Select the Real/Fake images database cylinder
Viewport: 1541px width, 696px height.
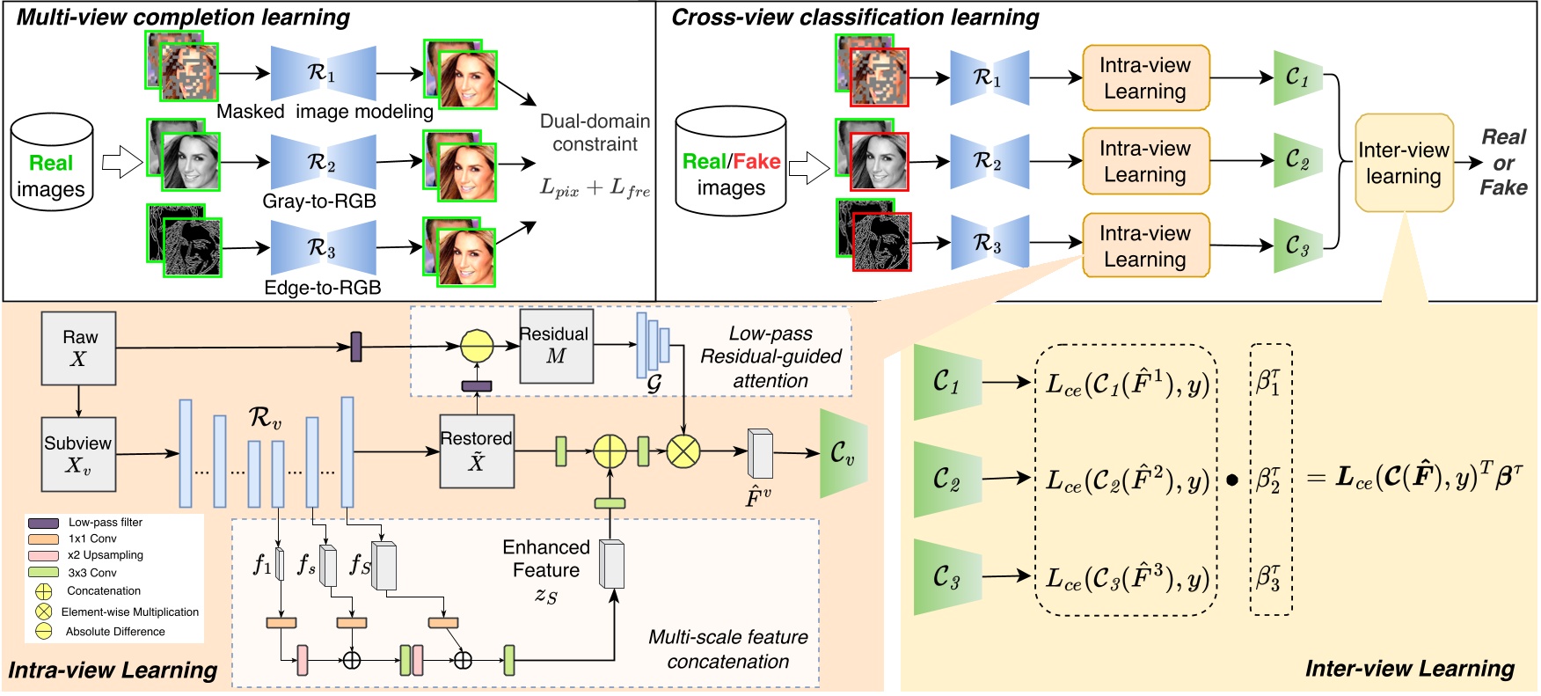click(730, 162)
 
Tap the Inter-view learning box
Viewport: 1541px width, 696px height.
click(1403, 163)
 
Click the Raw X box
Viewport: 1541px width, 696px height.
click(78, 348)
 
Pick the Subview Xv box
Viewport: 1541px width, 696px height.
click(78, 453)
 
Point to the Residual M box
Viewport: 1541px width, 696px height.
click(556, 346)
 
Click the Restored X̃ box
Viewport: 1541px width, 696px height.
click(477, 451)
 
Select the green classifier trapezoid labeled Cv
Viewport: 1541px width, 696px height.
click(843, 453)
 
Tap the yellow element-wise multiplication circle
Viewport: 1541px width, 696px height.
click(683, 452)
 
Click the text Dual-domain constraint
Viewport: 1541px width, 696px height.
click(595, 133)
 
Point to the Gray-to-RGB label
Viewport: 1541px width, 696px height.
click(318, 201)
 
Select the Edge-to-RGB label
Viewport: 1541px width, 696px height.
click(322, 288)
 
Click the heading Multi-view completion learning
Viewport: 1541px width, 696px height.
click(183, 17)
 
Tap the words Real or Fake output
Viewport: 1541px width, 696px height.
click(1502, 163)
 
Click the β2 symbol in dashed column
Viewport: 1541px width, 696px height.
click(1269, 480)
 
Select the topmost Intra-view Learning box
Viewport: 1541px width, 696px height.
click(1145, 78)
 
